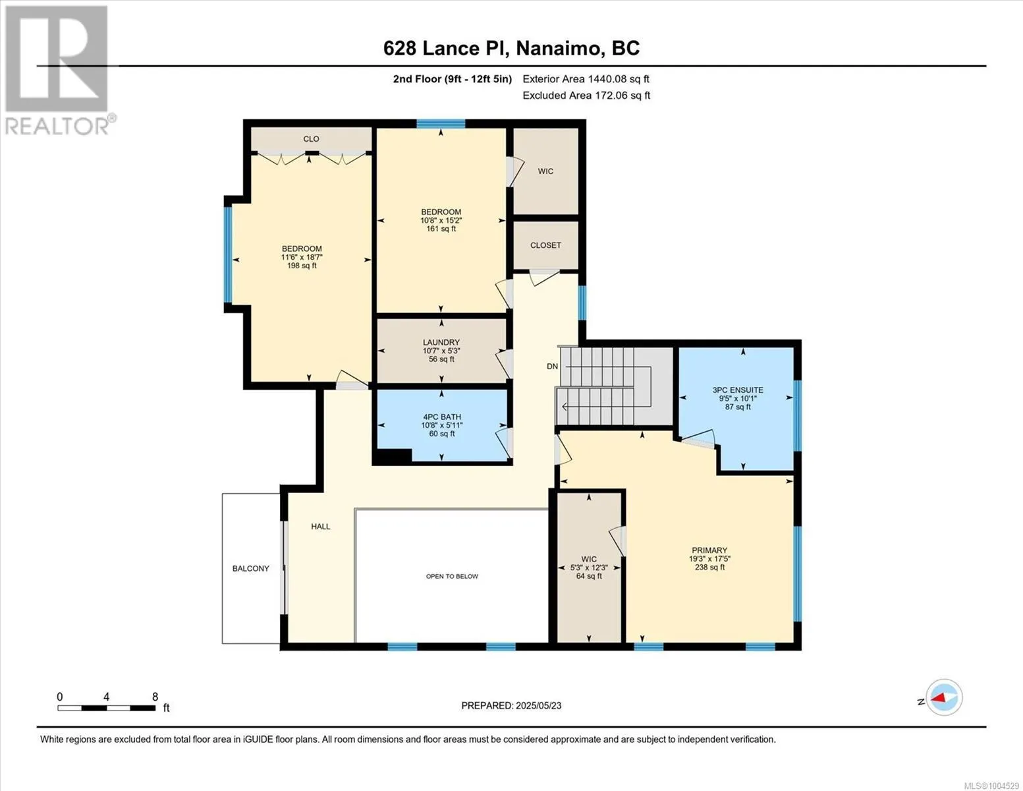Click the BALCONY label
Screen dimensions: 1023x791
point(250,569)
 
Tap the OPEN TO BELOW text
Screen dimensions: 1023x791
point(452,576)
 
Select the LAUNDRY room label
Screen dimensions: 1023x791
point(441,343)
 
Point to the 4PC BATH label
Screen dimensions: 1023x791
point(441,417)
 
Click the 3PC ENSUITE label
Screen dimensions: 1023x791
point(738,390)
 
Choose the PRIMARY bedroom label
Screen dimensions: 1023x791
point(709,550)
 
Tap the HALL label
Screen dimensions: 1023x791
point(321,527)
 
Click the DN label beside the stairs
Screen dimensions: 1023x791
point(552,366)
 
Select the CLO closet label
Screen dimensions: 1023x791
point(311,139)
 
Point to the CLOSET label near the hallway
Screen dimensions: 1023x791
point(545,245)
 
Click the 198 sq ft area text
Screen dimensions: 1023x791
point(302,266)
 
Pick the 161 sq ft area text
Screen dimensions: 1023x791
point(441,229)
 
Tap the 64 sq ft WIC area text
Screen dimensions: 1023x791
point(589,576)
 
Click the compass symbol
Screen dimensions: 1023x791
point(944,697)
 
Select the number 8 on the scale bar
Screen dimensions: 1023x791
point(155,697)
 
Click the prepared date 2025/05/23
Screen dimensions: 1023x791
point(538,706)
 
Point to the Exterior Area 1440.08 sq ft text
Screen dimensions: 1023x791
point(586,79)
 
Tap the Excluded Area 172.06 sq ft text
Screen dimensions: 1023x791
point(586,96)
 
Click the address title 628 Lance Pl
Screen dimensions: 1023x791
point(446,48)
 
